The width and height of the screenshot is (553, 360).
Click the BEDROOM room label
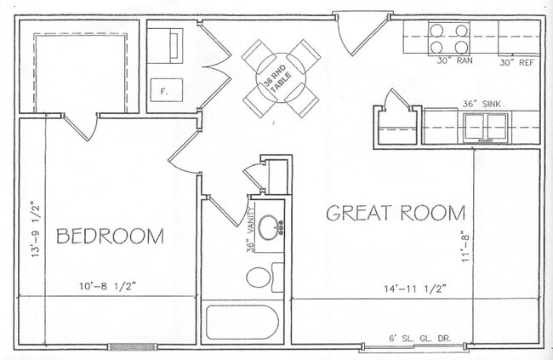[x=110, y=236]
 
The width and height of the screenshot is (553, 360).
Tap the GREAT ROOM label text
[x=396, y=213]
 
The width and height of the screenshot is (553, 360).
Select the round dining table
[x=282, y=77]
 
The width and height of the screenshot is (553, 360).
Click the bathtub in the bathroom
[x=242, y=323]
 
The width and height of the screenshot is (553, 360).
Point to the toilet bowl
[x=259, y=277]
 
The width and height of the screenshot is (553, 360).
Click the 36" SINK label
[x=481, y=104]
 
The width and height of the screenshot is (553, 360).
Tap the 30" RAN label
[x=453, y=61]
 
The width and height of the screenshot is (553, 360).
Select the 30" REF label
[x=516, y=61]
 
